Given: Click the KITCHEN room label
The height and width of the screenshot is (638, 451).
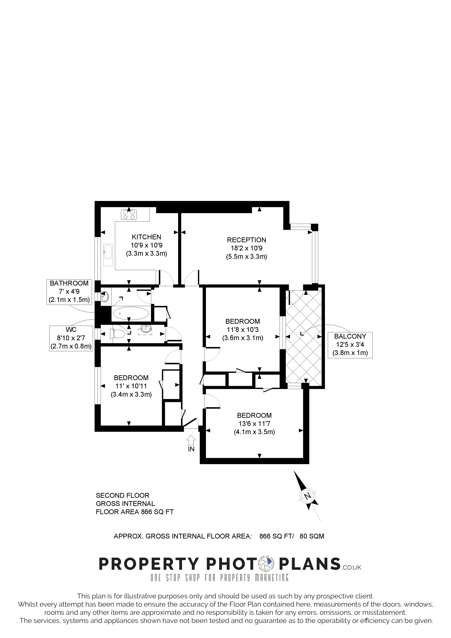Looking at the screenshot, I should click(x=146, y=237).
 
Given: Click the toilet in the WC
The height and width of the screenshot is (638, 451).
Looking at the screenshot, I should click(x=117, y=334).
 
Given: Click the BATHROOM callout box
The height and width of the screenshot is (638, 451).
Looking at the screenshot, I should click(x=69, y=292).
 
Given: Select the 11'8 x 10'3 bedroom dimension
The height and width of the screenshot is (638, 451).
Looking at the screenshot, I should click(x=242, y=330).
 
